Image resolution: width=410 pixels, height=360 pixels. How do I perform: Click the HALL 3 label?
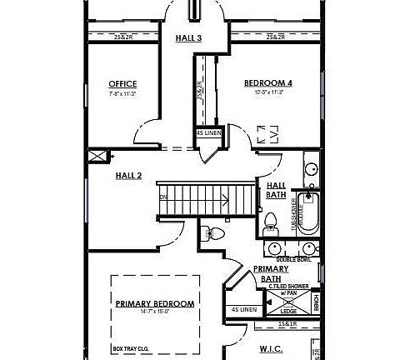coord(188,37)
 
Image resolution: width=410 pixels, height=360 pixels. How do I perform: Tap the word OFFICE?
coord(122,84)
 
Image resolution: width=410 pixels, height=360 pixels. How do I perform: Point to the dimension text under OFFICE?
coord(122,93)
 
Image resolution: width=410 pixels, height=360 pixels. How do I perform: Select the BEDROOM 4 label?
coord(267,83)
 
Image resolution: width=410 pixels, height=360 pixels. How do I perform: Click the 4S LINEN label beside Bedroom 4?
coord(208,133)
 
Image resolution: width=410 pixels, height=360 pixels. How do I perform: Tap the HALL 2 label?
coord(128,175)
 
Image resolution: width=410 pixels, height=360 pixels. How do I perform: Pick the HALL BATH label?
coord(277,190)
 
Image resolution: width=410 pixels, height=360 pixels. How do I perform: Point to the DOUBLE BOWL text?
coord(293,259)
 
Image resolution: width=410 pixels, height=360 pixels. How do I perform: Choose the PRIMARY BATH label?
coord(271,274)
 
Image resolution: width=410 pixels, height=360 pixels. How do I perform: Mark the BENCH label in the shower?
coord(316,303)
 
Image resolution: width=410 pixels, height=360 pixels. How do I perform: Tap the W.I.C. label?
coord(272,350)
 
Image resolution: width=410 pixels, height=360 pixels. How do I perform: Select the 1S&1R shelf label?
coord(287,323)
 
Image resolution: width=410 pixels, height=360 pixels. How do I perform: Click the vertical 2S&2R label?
coord(199,90)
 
